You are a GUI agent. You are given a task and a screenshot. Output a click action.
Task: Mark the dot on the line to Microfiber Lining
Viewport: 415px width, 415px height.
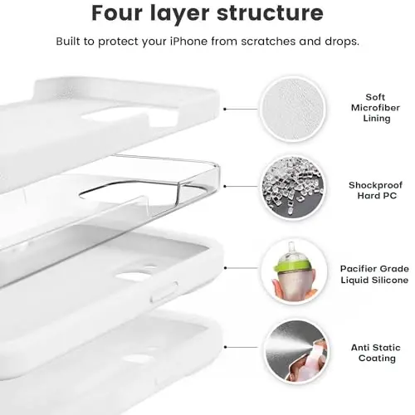pyautogui.click(x=227, y=108)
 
